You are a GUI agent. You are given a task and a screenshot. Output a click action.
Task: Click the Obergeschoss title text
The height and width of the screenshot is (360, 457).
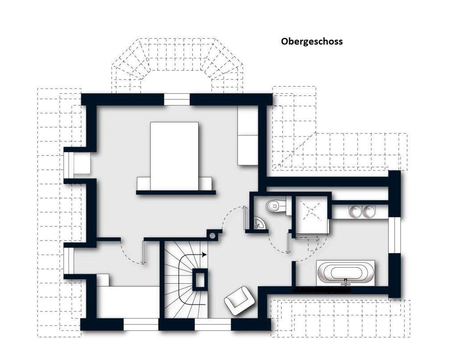pyautogui.click(x=312, y=41)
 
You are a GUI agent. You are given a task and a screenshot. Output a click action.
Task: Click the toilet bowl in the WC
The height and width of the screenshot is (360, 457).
pyautogui.click(x=275, y=206)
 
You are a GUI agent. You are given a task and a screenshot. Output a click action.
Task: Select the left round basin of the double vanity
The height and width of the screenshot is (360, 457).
pyautogui.click(x=355, y=212)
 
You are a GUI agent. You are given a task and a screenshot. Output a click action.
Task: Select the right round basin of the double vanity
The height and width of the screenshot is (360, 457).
pyautogui.click(x=369, y=212)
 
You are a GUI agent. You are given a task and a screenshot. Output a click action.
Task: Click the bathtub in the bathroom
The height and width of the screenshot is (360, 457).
pyautogui.click(x=346, y=273)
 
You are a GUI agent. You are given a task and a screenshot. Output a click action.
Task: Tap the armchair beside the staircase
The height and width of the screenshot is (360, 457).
pyautogui.click(x=240, y=301)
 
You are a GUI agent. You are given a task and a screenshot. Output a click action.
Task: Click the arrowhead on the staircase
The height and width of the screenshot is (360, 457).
pyautogui.click(x=204, y=255)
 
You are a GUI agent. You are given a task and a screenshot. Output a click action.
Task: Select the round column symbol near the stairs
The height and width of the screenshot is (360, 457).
pyautogui.click(x=212, y=235)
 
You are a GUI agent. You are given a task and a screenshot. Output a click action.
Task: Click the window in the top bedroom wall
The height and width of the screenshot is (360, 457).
pyautogui.click(x=177, y=99)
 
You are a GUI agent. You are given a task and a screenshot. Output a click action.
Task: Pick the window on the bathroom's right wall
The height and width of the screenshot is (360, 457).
pyautogui.click(x=395, y=235)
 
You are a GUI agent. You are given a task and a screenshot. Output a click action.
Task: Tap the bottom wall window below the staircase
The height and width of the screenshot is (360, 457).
pyautogui.click(x=213, y=324)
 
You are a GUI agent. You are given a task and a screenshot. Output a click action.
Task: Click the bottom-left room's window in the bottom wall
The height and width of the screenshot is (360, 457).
pyautogui.click(x=141, y=324)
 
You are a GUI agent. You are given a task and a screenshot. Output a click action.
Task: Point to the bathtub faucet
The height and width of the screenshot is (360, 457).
pyautogui.click(x=346, y=281)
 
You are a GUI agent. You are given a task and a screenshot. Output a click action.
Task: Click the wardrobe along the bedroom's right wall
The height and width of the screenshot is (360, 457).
pyautogui.click(x=248, y=135)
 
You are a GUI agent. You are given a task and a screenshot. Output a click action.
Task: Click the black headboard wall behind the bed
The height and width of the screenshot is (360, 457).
pyautogui.click(x=176, y=193)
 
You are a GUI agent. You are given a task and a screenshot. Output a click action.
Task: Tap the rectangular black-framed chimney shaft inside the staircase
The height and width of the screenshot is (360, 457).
pyautogui.click(x=200, y=280)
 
